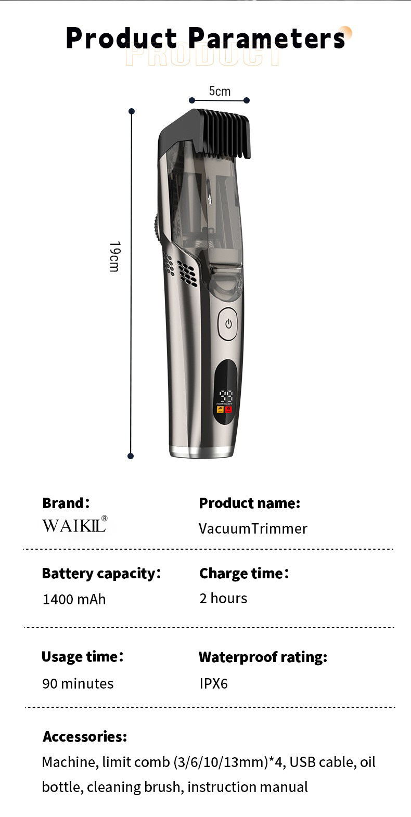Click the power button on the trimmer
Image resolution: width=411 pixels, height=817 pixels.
pos(227,323)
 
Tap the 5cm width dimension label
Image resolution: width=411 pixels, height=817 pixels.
pos(220,91)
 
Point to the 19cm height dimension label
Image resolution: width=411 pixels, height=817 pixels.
pos(115,256)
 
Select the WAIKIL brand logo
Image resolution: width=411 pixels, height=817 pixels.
pos(75,524)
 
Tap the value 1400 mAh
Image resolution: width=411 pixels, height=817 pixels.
pos(74,599)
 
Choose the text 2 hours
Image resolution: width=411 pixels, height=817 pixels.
pos(223,599)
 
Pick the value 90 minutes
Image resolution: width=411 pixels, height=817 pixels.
pos(78,683)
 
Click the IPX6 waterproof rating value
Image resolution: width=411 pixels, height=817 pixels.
pos(213,683)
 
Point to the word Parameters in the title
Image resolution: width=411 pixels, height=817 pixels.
pos(266,38)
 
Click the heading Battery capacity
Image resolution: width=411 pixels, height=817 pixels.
pos(101,574)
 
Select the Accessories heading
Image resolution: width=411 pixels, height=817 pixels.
pos(85,736)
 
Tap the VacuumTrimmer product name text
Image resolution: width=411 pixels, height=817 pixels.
pos(253,528)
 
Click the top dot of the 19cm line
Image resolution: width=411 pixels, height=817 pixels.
pos(132,111)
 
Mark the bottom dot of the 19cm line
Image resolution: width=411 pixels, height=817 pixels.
pos(131,456)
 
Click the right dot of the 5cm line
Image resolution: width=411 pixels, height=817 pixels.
pos(247,100)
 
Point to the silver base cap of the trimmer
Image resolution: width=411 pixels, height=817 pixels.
pos(201,451)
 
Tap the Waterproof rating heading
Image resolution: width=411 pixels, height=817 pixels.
pos(263,657)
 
